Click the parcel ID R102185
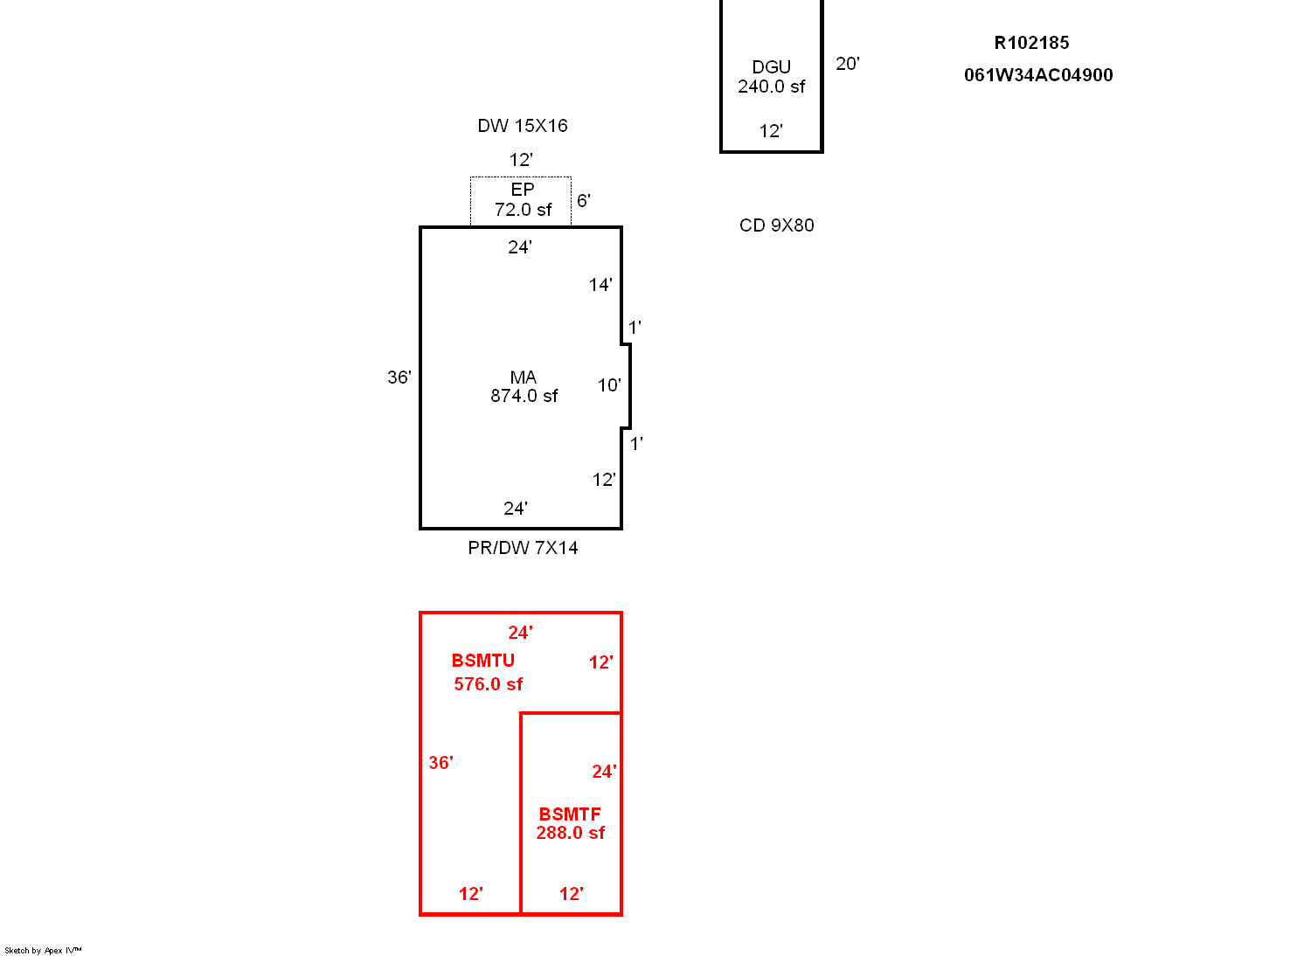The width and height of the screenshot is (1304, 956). [x=1031, y=43]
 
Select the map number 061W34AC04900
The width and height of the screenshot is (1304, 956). [x=1038, y=75]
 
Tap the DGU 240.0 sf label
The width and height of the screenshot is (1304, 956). [x=772, y=76]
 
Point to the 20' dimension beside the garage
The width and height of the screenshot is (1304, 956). [x=848, y=64]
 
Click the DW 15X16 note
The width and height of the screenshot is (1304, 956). [x=522, y=126]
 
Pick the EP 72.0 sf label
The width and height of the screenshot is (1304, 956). [x=523, y=199]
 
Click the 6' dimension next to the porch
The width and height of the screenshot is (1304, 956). [x=584, y=201]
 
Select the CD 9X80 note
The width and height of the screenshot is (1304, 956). [x=777, y=225]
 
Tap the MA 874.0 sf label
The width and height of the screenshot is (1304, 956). [x=524, y=386]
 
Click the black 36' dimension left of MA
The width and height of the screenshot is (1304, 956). [x=399, y=378]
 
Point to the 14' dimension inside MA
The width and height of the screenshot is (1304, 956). [x=600, y=285]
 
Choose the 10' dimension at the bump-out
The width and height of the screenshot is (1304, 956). [x=609, y=385]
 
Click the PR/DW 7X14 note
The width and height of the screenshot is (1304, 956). [x=523, y=548]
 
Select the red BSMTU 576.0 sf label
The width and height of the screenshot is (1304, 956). [x=488, y=673]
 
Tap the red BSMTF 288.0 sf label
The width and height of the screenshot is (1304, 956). [x=571, y=823]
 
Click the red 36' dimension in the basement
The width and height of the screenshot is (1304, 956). [x=441, y=763]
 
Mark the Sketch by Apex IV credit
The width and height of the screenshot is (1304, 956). [x=43, y=950]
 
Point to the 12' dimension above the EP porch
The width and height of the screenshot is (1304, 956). [x=521, y=160]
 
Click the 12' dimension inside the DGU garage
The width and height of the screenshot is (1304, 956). [x=771, y=131]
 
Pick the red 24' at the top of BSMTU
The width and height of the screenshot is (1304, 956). [x=520, y=633]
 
